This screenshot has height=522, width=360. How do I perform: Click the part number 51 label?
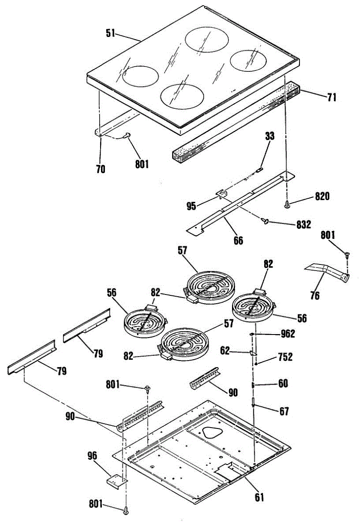111,33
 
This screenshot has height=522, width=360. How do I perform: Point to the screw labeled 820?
287,203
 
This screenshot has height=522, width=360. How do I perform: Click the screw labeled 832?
264,221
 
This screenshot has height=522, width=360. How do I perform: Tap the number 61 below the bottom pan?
259,497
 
